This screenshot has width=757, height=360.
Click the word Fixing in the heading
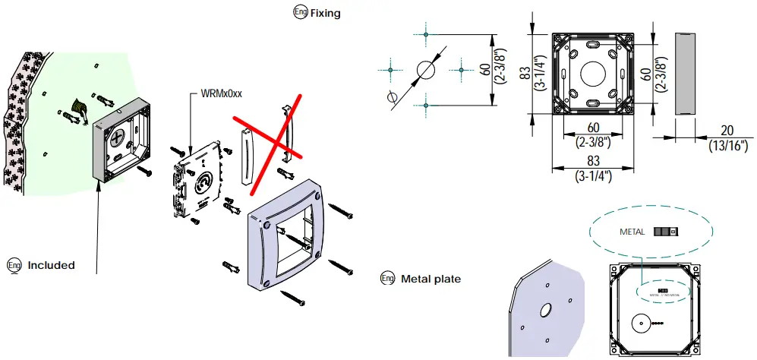tap(325, 13)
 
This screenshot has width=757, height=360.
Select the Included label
tap(51, 265)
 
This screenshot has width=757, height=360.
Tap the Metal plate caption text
tap(431, 279)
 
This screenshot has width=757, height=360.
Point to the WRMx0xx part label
tap(221, 93)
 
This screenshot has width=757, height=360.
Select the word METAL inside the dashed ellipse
tap(632, 232)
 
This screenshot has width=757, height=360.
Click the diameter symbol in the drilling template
tap(392, 97)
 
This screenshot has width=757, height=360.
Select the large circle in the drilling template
tap(426, 70)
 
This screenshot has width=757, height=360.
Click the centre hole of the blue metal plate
tap(544, 311)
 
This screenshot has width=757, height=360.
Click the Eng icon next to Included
tap(13, 265)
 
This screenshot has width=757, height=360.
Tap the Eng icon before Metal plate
tap(387, 279)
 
